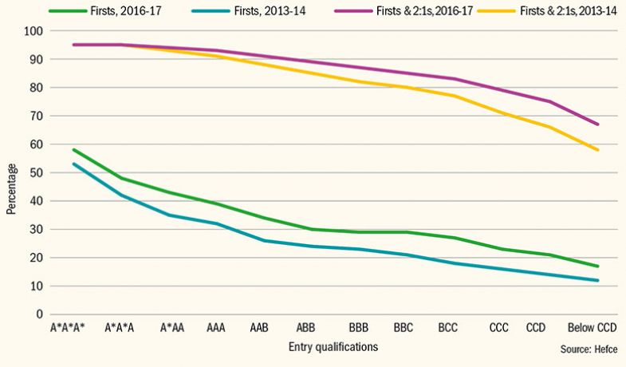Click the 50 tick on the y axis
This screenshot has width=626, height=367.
[x=34, y=172]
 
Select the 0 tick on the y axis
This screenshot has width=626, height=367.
[x=37, y=314]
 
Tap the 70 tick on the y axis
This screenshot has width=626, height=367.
[x=34, y=116]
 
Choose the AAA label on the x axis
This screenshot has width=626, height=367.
[x=215, y=328]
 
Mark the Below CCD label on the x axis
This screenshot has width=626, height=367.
[x=591, y=328]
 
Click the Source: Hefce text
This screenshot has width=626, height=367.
[x=588, y=350]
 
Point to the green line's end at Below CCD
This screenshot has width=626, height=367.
[x=598, y=266]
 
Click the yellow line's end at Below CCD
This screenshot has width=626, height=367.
[x=598, y=150]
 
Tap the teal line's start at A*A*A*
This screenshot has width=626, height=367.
[x=73, y=164]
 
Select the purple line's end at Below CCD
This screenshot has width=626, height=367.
[x=598, y=124]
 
